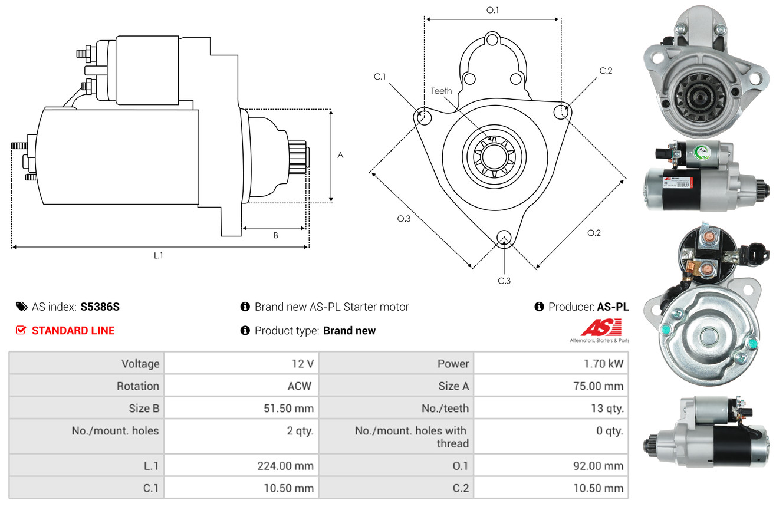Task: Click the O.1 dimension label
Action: (x=492, y=10)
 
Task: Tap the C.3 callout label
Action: (x=504, y=281)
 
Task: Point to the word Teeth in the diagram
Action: (x=441, y=91)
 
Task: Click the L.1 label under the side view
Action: (x=158, y=256)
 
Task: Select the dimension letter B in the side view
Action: (x=276, y=235)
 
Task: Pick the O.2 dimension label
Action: (x=594, y=233)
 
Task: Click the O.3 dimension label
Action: (x=403, y=219)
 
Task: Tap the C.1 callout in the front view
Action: (x=380, y=77)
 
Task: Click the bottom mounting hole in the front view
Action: (x=504, y=238)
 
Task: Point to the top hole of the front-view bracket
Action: (x=492, y=40)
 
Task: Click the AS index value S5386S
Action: (x=100, y=307)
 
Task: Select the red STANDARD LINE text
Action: (x=73, y=331)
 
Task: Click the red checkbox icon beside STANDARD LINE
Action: (x=21, y=330)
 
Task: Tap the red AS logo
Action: (x=601, y=327)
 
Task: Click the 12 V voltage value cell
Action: (x=241, y=363)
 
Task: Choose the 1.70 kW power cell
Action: (x=551, y=363)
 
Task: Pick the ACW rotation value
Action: (x=300, y=386)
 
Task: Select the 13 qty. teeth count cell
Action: (x=551, y=409)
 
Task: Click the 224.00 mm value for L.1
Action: (x=285, y=466)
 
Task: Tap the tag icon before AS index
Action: (x=21, y=307)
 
